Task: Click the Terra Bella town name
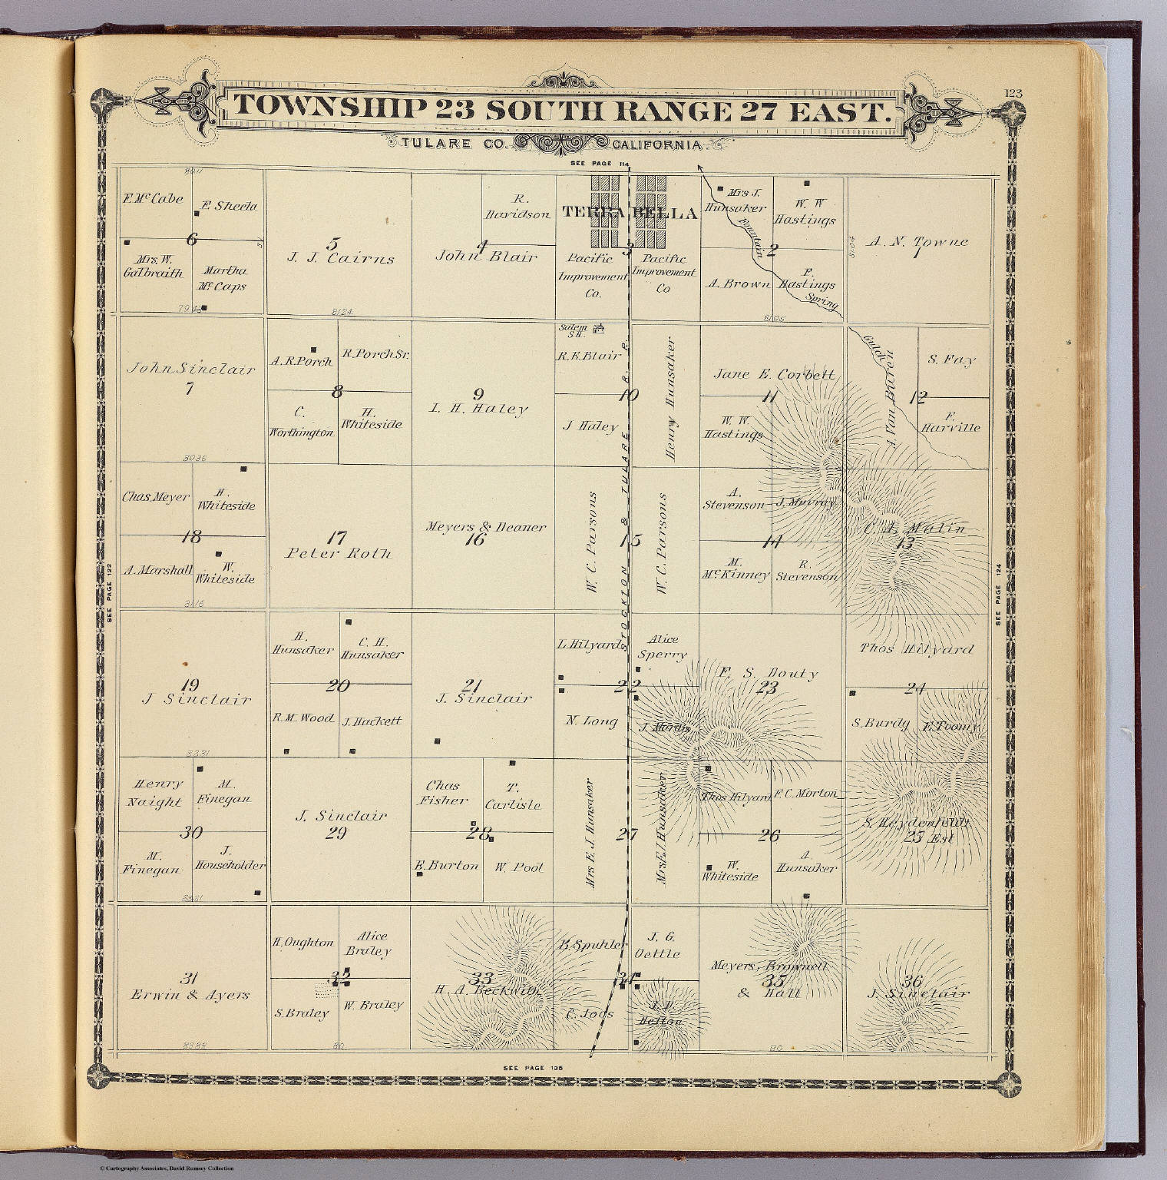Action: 630,213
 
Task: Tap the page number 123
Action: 1013,94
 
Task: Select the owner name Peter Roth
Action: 339,552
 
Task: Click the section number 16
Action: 475,539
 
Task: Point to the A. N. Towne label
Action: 917,241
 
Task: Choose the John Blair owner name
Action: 485,256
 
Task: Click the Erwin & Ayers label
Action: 190,994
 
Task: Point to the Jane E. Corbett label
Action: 774,375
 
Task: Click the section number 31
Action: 190,978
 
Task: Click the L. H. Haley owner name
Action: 478,409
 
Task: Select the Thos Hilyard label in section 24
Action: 916,648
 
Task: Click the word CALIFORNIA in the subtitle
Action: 657,144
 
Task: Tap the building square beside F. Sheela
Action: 197,214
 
